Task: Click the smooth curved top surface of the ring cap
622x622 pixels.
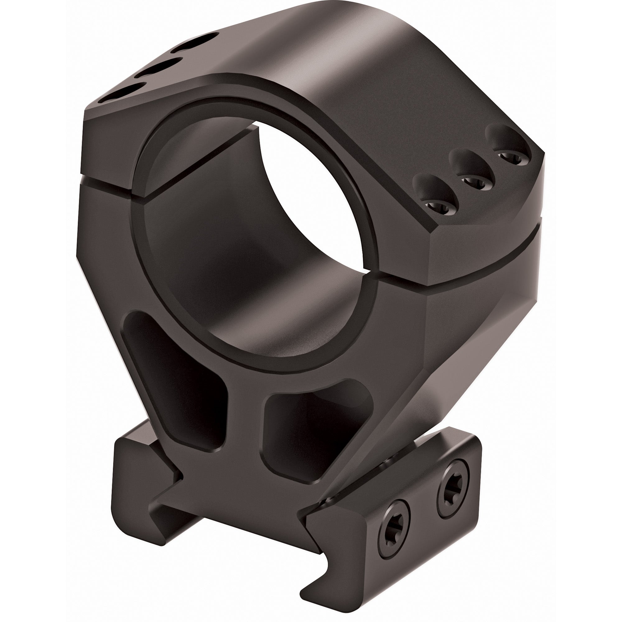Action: pos(322,64)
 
